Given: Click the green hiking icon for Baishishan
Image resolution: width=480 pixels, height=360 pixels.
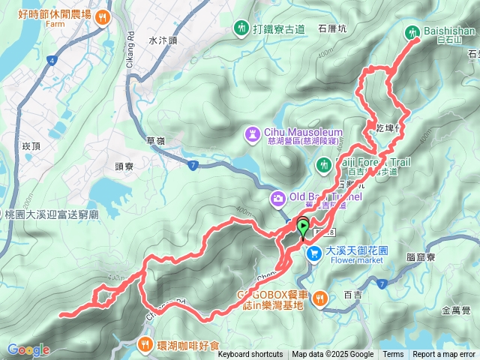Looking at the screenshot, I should pos(412,32).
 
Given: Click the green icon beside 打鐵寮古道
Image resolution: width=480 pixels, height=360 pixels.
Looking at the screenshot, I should pos(240,28).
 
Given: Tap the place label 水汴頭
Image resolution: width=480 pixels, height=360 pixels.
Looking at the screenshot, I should pos(160,41).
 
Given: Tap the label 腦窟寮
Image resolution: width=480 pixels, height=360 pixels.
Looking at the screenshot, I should pos(422,256).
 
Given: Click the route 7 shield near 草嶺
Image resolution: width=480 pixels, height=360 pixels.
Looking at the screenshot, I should pos(193,164).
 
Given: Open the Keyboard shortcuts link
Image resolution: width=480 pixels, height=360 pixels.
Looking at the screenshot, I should pos(250,355).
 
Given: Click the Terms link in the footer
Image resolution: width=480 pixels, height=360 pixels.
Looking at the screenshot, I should pos(392,355).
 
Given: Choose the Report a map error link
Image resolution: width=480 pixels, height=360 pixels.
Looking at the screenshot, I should pos(444,355).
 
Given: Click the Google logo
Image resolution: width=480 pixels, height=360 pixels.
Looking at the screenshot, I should pos(28,349).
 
